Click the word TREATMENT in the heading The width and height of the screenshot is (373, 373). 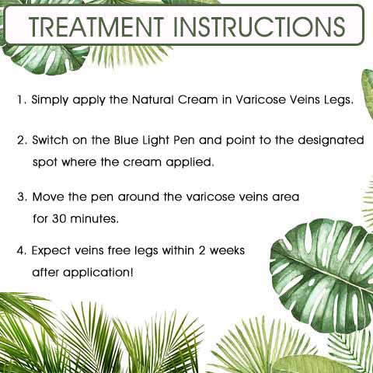[96, 26]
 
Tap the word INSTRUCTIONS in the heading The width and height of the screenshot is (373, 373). [260, 26]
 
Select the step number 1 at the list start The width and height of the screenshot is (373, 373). [21, 99]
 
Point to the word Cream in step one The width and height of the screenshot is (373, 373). [198, 99]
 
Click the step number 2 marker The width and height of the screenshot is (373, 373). [23, 140]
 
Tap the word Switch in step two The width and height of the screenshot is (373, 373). [50, 140]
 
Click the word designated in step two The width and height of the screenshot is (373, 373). [331, 140]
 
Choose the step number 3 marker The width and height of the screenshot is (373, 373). [23, 197]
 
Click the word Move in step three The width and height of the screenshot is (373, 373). [48, 197]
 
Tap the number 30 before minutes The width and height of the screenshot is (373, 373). [59, 219]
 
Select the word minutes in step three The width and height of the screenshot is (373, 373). [95, 219]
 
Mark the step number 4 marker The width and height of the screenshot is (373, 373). [22, 251]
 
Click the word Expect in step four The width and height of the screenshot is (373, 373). [51, 251]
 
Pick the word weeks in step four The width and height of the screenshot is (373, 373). [227, 250]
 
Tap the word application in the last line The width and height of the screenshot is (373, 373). [98, 273]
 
